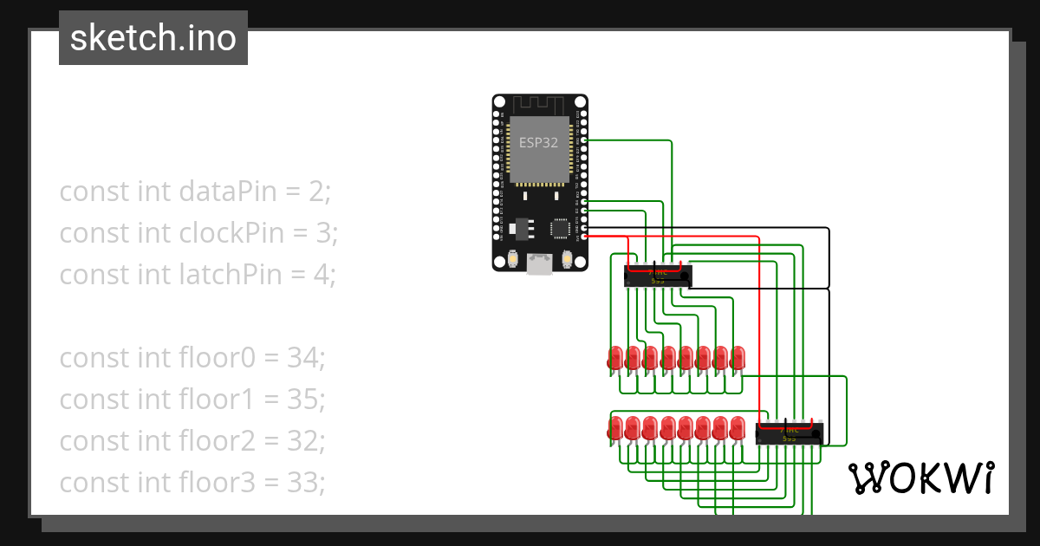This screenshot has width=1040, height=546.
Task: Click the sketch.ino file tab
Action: click(x=153, y=38)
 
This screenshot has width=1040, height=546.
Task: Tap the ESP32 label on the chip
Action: click(x=538, y=143)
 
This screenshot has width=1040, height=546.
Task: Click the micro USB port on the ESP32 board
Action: click(x=540, y=263)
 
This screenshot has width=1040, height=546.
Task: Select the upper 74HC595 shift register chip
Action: click(x=658, y=276)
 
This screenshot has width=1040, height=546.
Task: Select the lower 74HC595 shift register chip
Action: click(x=789, y=433)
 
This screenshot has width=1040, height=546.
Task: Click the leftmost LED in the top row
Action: click(x=615, y=357)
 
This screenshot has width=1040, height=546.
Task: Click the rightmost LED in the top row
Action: click(x=738, y=357)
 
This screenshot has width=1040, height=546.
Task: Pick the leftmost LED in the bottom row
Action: click(x=615, y=428)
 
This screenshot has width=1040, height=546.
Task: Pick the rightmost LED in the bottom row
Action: click(x=738, y=428)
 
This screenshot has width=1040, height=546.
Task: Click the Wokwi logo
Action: click(x=920, y=478)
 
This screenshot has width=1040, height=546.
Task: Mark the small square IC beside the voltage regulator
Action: click(x=560, y=229)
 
